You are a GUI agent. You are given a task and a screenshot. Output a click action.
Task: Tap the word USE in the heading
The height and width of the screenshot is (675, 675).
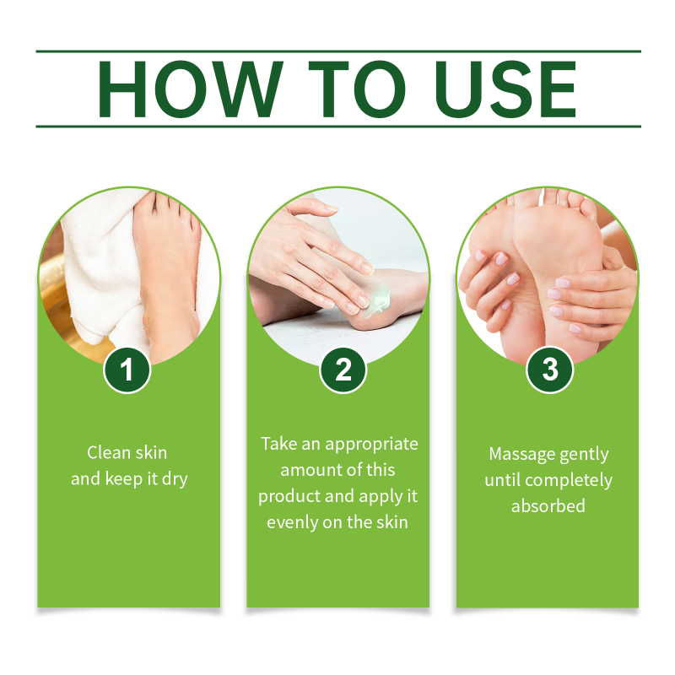505,89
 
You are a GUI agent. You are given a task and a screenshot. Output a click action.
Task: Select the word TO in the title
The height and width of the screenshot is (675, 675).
357,89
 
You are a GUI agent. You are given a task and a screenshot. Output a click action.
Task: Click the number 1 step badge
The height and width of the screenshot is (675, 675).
127,370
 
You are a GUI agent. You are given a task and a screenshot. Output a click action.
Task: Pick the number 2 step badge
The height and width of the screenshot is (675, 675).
343,370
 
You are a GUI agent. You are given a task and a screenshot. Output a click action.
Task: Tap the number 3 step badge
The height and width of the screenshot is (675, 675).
550,370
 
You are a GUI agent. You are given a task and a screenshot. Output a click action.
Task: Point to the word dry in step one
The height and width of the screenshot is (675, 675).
175,480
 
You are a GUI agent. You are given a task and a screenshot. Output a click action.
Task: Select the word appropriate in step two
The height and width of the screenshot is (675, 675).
371,445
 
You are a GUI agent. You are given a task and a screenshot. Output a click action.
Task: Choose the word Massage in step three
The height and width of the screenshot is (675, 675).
516,455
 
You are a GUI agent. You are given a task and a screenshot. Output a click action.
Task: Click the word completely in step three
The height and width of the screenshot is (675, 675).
569,481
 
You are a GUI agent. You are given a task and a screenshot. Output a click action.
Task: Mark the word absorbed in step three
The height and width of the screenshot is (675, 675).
548,506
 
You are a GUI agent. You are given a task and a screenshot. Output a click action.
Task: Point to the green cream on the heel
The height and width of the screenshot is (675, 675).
380,301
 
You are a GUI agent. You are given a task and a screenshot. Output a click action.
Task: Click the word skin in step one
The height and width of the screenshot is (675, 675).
151,452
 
